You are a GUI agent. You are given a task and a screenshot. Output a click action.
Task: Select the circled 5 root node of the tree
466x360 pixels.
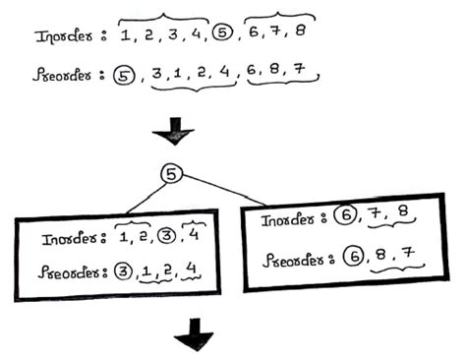[171, 174]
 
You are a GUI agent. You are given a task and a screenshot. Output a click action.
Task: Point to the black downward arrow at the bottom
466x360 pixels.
[193, 340]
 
